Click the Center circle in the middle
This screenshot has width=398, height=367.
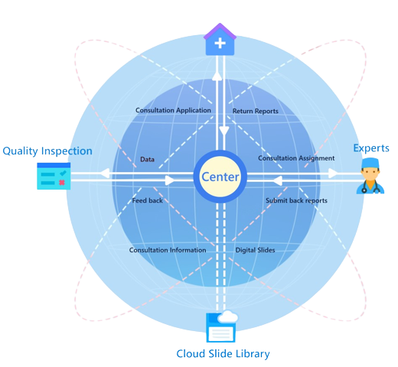click(x=220, y=177)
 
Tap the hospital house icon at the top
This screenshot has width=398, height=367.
click(x=220, y=40)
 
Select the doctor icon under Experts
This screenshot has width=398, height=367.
click(x=370, y=176)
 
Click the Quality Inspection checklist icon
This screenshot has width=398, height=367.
click(x=54, y=176)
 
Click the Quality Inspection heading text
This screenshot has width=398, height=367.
click(x=47, y=151)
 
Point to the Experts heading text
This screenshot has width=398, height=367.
click(x=371, y=148)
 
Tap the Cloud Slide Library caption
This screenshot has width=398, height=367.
click(x=223, y=354)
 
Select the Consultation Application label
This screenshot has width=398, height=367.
click(x=173, y=110)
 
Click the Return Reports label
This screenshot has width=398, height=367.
click(x=256, y=111)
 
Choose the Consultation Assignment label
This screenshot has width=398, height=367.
click(x=296, y=158)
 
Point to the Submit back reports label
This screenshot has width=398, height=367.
click(x=296, y=200)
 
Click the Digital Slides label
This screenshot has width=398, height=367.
click(x=255, y=250)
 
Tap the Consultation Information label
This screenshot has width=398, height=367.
click(x=168, y=250)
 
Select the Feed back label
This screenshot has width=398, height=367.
click(x=148, y=200)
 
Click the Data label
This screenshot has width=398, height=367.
click(x=147, y=160)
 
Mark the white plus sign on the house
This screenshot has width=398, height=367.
click(x=220, y=43)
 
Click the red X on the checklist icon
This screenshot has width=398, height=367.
click(x=62, y=183)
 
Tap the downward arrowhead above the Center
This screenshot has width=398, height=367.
click(x=224, y=131)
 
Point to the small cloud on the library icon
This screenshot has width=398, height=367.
click(x=228, y=317)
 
